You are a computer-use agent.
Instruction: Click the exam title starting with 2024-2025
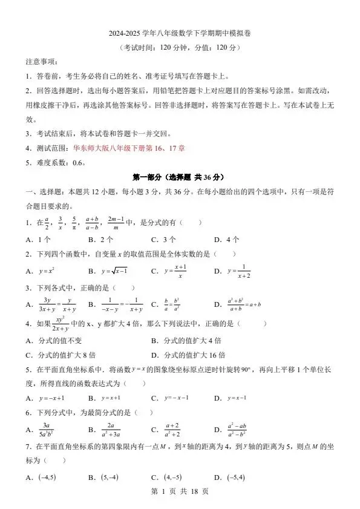tap(180, 34)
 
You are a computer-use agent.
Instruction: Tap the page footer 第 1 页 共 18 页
tap(180, 492)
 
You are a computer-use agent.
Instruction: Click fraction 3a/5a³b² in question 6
tap(48, 430)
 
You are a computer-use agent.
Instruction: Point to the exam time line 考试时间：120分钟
tap(180, 48)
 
